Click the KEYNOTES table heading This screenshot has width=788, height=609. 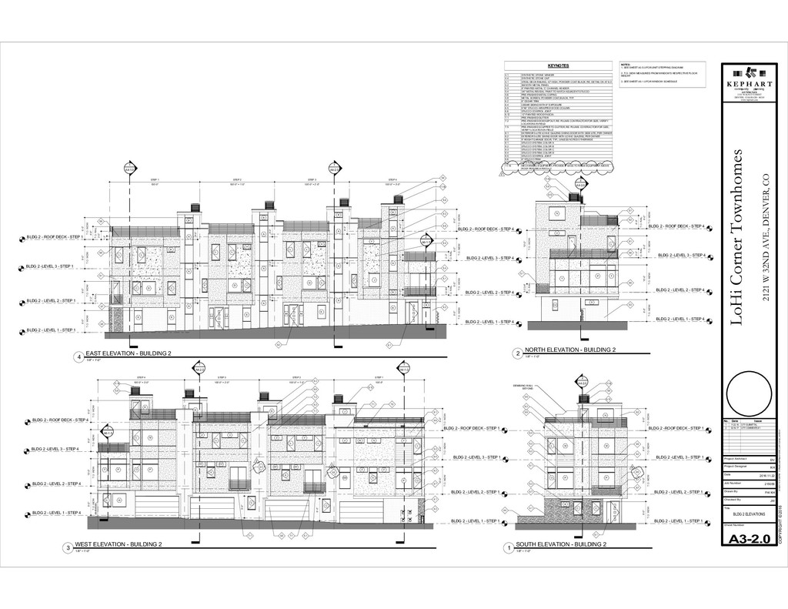pyautogui.click(x=558, y=66)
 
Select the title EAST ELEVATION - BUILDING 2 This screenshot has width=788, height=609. pyautogui.click(x=128, y=353)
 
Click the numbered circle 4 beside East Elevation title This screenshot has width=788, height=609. pyautogui.click(x=78, y=356)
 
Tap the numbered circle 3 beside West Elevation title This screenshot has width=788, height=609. pyautogui.click(x=68, y=547)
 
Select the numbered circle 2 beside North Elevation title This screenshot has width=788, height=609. pyautogui.click(x=517, y=353)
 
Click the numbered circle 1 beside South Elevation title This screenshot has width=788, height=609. pyautogui.click(x=508, y=547)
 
